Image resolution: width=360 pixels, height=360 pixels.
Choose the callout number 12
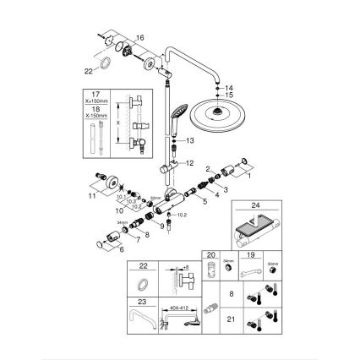pos(189,161)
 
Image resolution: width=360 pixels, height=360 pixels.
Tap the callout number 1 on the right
pos(248,177)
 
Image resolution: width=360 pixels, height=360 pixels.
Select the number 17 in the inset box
pos(94,93)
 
